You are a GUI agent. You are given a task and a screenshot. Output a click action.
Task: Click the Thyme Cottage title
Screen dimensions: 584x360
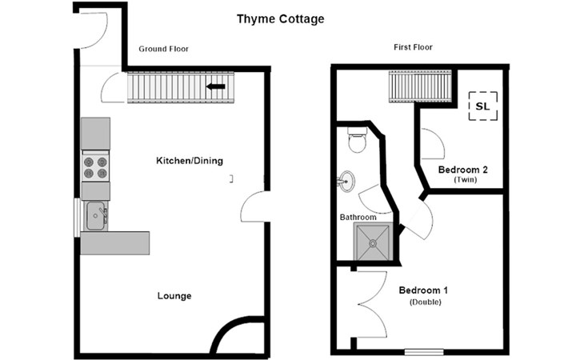[281, 19]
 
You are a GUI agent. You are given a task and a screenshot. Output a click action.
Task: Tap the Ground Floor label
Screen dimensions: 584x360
[163, 49]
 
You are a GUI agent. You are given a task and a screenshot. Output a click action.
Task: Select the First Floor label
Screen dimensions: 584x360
[413, 47]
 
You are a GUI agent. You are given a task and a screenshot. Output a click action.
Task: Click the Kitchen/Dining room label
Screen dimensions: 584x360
[190, 161]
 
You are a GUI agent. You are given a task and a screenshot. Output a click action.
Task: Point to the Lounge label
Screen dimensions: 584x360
[174, 296]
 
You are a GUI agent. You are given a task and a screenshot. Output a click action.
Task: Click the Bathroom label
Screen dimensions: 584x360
[358, 217]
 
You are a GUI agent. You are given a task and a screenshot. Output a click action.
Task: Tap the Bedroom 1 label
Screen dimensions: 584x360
[423, 290]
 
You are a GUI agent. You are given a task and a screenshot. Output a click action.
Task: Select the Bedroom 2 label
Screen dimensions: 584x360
[463, 170]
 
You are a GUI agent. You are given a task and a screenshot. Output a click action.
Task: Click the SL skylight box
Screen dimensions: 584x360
[482, 106]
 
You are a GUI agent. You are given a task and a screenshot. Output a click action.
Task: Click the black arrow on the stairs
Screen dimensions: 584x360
[216, 86]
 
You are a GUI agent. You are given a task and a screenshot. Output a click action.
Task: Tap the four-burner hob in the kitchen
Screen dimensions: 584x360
[95, 167]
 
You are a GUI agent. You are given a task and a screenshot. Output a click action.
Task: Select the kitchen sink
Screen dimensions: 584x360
[96, 216]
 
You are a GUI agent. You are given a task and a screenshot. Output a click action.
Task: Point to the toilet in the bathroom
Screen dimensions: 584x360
[357, 140]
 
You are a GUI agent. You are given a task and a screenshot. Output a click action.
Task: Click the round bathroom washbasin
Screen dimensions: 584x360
[346, 182]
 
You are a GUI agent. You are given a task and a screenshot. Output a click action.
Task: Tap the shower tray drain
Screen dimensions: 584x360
[373, 243]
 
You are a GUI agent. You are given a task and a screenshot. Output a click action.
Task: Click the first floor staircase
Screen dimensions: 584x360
[421, 86]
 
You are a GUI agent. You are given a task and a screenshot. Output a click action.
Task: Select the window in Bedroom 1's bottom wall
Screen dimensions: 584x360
[424, 352]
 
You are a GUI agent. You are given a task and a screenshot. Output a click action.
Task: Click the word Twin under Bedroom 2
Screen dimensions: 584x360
[465, 180]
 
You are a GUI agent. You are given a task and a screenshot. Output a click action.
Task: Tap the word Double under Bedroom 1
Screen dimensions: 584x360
[426, 302]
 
